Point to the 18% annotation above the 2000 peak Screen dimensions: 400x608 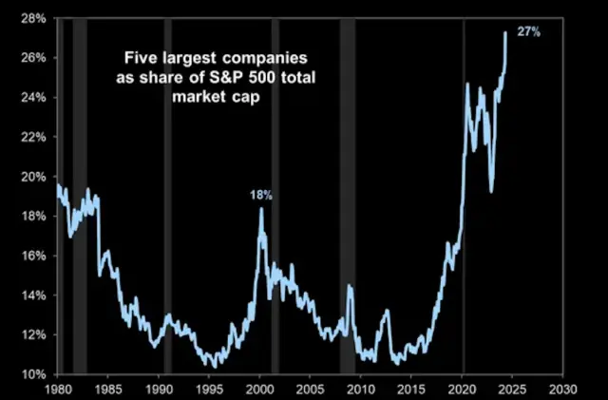(x=261, y=195)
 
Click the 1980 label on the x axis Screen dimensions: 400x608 (x=57, y=390)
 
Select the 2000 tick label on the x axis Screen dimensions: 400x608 (x=259, y=390)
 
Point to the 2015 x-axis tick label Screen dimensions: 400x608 (x=411, y=390)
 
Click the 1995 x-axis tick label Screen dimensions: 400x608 (x=209, y=390)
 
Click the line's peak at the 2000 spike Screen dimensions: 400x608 (x=261, y=208)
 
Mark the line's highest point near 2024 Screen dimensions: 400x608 (x=504, y=33)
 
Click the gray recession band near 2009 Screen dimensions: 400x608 (x=348, y=190)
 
